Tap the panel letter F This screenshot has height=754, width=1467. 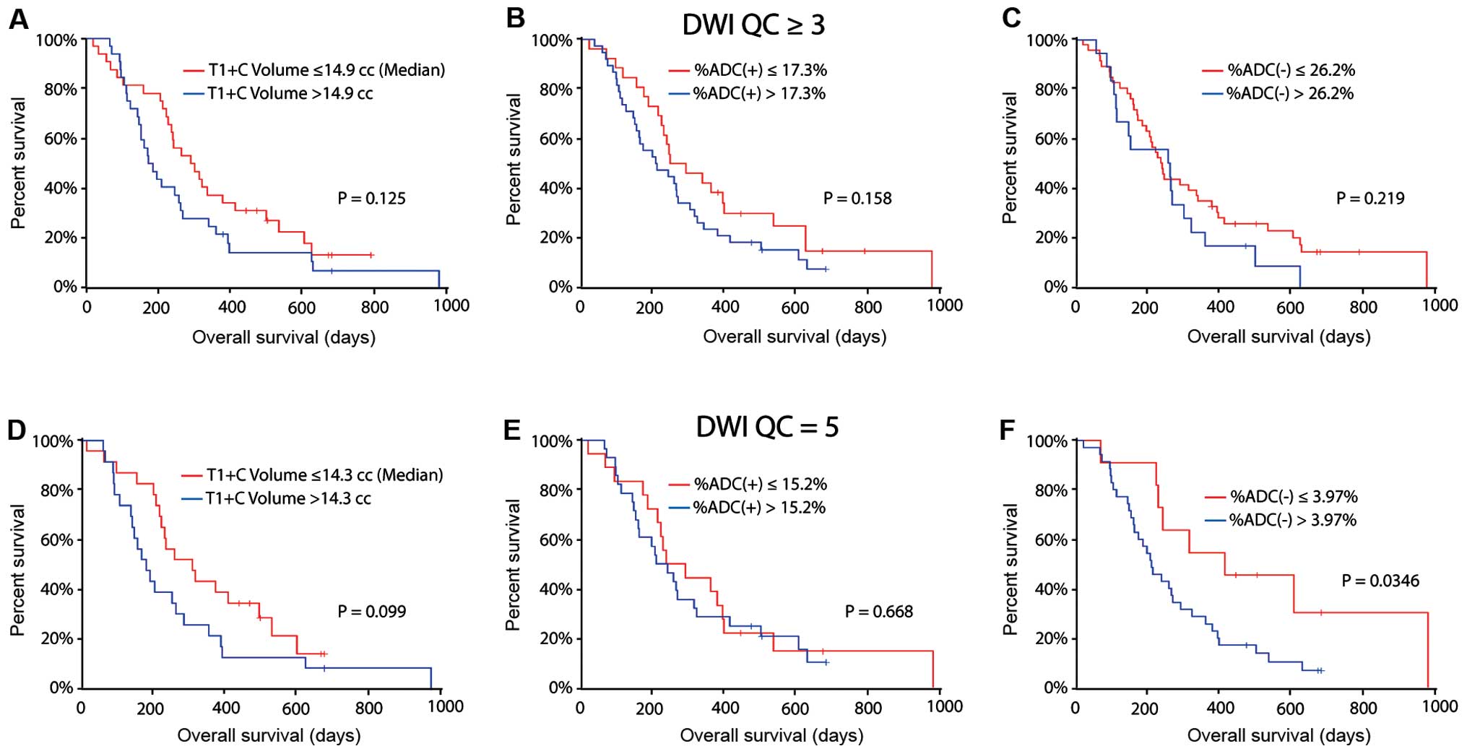click(x=1008, y=431)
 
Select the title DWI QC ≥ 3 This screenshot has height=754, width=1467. click(x=753, y=25)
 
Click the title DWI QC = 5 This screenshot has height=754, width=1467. click(x=767, y=427)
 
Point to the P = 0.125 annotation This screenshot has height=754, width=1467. click(x=371, y=199)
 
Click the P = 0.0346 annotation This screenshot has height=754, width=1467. click(x=1380, y=581)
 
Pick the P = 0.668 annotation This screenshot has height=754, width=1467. click(x=878, y=612)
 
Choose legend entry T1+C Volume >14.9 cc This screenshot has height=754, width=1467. click(x=290, y=94)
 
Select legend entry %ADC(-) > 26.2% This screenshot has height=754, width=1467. click(x=1290, y=94)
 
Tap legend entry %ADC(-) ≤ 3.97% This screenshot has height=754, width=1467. click(x=1294, y=497)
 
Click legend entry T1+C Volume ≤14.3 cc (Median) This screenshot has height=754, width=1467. click(x=324, y=475)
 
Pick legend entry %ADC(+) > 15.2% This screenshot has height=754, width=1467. click(x=759, y=508)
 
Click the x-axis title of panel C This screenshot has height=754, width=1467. click(x=1278, y=337)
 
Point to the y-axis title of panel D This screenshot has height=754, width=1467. click(x=18, y=570)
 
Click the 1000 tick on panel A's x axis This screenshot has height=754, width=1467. click(x=451, y=306)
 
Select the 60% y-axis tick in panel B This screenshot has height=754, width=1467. click(x=555, y=139)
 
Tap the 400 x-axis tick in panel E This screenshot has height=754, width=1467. click(x=724, y=708)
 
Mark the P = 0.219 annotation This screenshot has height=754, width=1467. click(x=1370, y=199)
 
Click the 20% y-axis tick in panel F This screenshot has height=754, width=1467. click(x=1051, y=638)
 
